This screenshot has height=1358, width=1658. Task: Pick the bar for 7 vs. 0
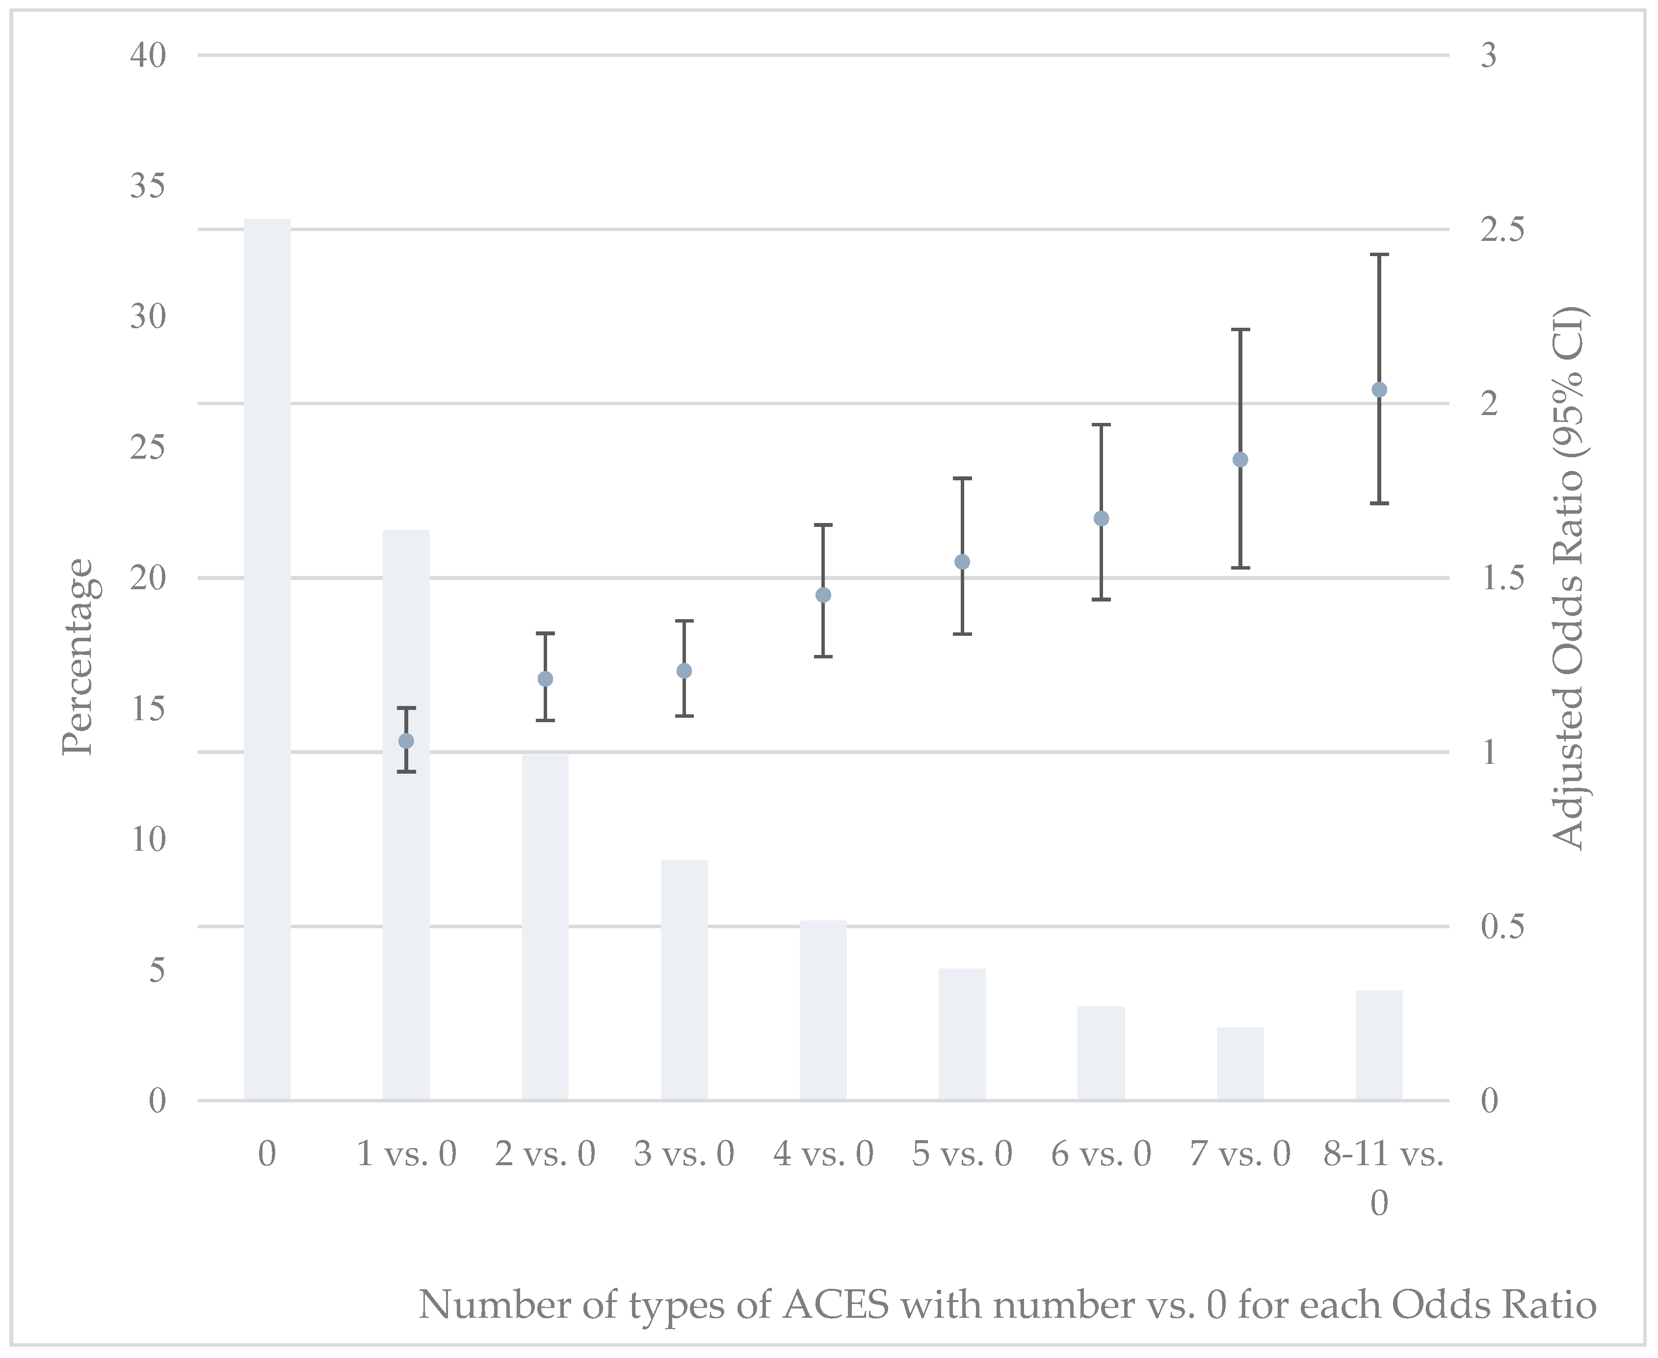click(1240, 1063)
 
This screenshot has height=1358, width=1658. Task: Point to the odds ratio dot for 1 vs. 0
click(406, 741)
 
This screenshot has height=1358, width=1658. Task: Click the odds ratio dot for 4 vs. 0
click(823, 595)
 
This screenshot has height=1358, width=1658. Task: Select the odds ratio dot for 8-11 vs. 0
click(1379, 390)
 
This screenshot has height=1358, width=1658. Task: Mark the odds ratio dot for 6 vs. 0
click(1101, 519)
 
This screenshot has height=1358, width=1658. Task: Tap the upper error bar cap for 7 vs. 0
click(1240, 330)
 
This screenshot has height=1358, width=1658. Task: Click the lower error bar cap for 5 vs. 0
click(962, 634)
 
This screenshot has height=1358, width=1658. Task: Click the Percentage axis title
click(78, 657)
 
